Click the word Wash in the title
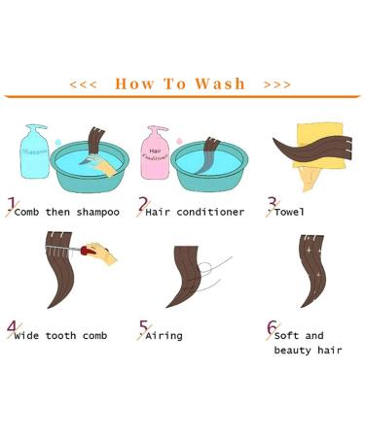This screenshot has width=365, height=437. (220, 84)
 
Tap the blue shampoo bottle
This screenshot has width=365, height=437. (35, 151)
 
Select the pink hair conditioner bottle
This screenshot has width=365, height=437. (155, 152)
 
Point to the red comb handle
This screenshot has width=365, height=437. (88, 251)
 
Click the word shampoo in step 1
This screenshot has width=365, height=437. (98, 213)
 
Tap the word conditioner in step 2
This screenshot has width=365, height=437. (210, 212)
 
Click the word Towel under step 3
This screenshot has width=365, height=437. (289, 212)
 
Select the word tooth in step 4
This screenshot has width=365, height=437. (61, 336)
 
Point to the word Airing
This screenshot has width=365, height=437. (164, 336)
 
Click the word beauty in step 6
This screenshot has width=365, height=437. (292, 351)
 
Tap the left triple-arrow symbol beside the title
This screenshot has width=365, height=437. (83, 84)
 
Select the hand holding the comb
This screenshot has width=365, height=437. (102, 252)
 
